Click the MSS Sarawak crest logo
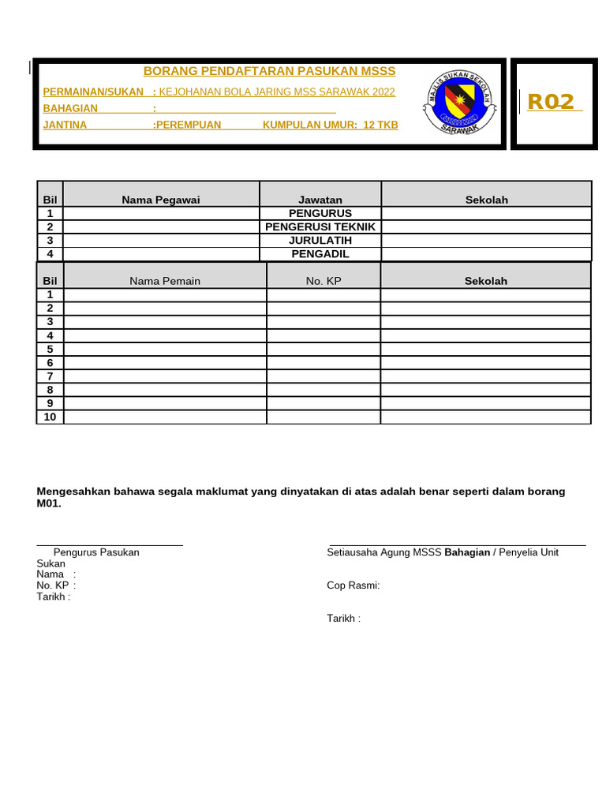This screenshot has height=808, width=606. pos(461,102)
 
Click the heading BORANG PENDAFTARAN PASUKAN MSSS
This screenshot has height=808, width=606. pos(269,71)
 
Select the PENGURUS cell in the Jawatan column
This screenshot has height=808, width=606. pos(320,213)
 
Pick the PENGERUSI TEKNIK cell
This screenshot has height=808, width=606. pos(320,226)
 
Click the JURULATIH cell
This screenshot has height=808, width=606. pos(320,240)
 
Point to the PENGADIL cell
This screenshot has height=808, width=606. pos(320,253)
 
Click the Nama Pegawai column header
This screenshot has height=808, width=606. pos(161,200)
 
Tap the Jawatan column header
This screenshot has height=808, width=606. pos(320,200)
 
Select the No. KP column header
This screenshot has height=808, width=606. pos(324,281)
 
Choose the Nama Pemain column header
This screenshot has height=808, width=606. pos(165,281)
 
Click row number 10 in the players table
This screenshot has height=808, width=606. pos(50,417)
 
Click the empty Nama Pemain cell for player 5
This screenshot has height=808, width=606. pos(165,349)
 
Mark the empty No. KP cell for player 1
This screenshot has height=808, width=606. pos(324,295)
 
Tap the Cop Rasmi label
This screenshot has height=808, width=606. pos(353,585)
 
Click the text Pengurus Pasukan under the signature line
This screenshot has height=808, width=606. pos(96,552)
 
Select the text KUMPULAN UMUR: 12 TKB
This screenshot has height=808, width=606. pos(330,125)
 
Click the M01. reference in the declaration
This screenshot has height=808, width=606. pos(49,503)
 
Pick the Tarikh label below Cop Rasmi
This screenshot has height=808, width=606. pos(343,618)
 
